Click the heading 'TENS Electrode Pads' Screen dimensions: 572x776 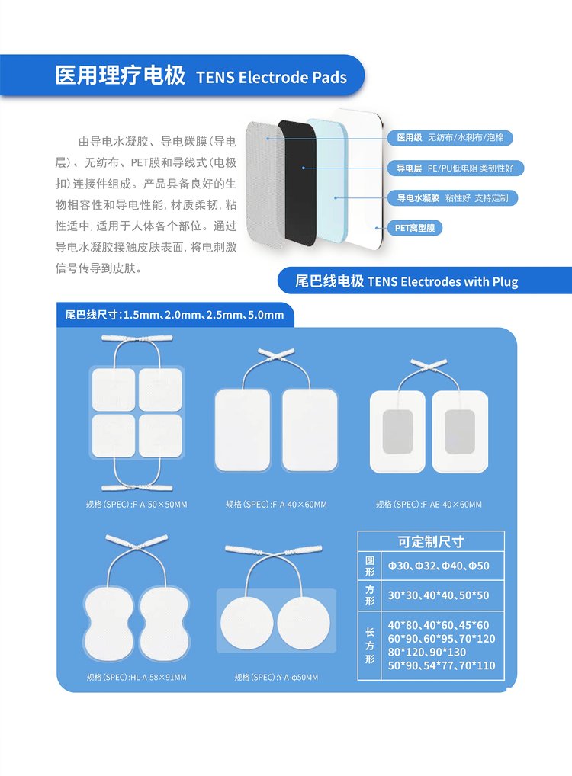click(x=272, y=77)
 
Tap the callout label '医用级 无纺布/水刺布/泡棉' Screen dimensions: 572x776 click(x=450, y=137)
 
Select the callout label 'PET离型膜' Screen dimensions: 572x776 click(x=415, y=228)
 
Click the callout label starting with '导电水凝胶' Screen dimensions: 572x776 click(x=453, y=198)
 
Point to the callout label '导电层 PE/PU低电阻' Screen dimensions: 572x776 click(x=455, y=168)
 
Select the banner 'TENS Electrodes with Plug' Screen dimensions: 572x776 click(x=407, y=281)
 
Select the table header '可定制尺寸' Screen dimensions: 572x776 click(x=431, y=541)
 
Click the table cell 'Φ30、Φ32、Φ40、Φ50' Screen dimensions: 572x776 click(x=439, y=566)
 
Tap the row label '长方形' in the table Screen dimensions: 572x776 click(x=369, y=646)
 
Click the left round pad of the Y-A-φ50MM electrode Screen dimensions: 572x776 click(x=246, y=623)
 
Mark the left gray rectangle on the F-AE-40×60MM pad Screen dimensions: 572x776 click(x=397, y=431)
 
